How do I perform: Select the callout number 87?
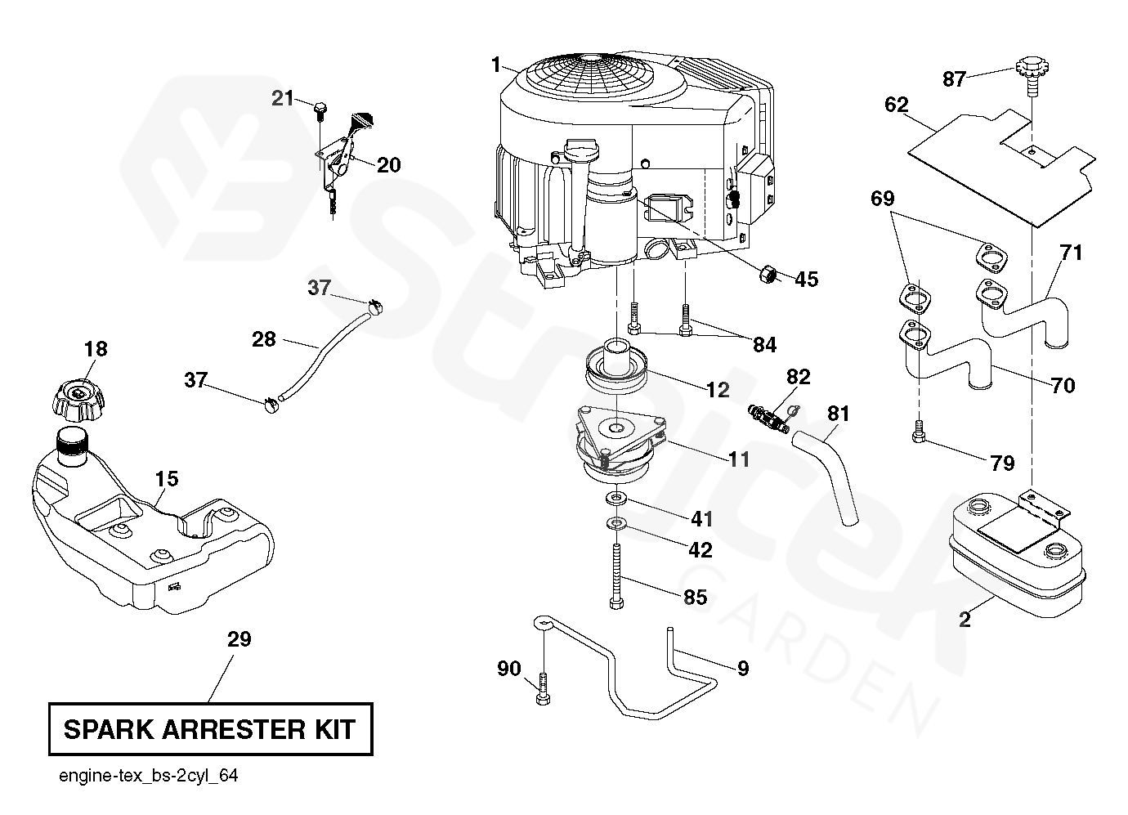pyautogui.click(x=954, y=79)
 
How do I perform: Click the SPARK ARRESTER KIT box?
pyautogui.click(x=210, y=728)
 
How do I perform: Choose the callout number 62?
pyautogui.click(x=896, y=105)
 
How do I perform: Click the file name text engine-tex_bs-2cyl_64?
pyautogui.click(x=149, y=776)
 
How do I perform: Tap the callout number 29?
pyautogui.click(x=239, y=638)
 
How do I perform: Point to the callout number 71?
pyautogui.click(x=1071, y=253)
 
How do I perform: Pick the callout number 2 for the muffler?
pyautogui.click(x=965, y=619)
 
